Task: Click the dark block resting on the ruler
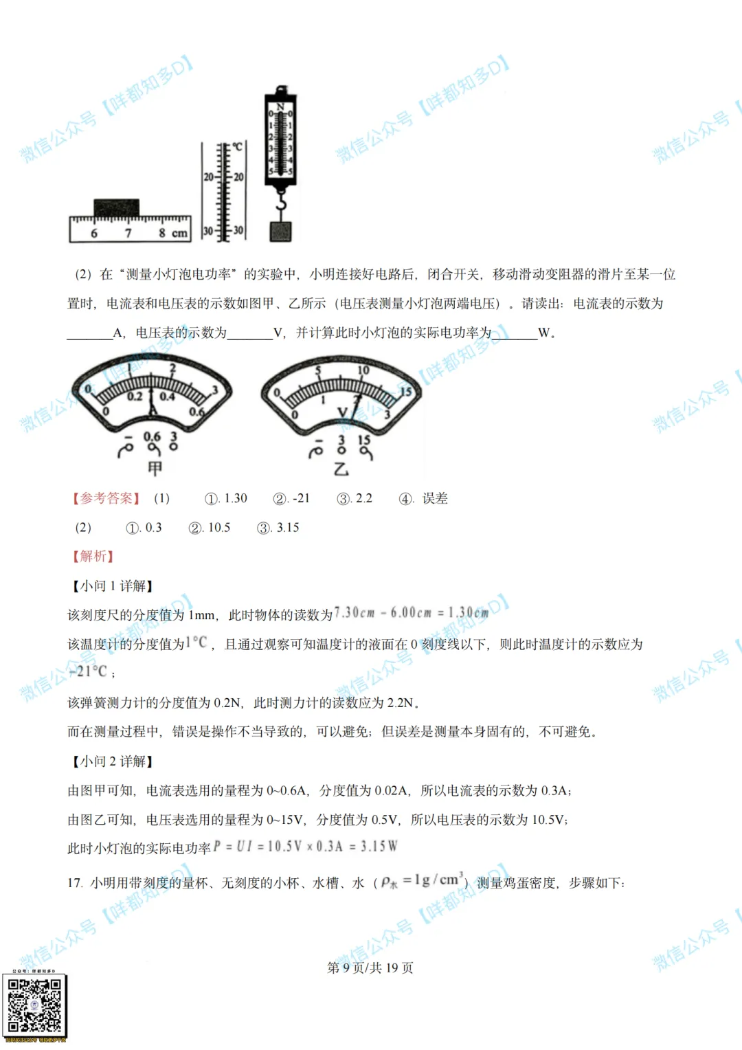point(116,207)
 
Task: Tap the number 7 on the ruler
point(128,233)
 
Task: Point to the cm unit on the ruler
point(179,233)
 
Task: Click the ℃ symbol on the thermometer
point(237,146)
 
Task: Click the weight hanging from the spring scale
point(280,231)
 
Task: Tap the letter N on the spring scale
point(280,106)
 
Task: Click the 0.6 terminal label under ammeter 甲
point(152,436)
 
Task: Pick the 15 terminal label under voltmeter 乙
point(364,439)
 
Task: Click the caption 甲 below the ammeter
point(155,468)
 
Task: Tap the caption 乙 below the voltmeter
point(341,469)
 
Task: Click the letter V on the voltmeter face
point(342,412)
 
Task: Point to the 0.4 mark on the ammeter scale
point(167,396)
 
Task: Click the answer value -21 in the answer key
point(301,498)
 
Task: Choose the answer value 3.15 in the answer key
point(288,528)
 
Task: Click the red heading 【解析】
point(93,557)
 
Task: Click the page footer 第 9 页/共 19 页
point(370,968)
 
